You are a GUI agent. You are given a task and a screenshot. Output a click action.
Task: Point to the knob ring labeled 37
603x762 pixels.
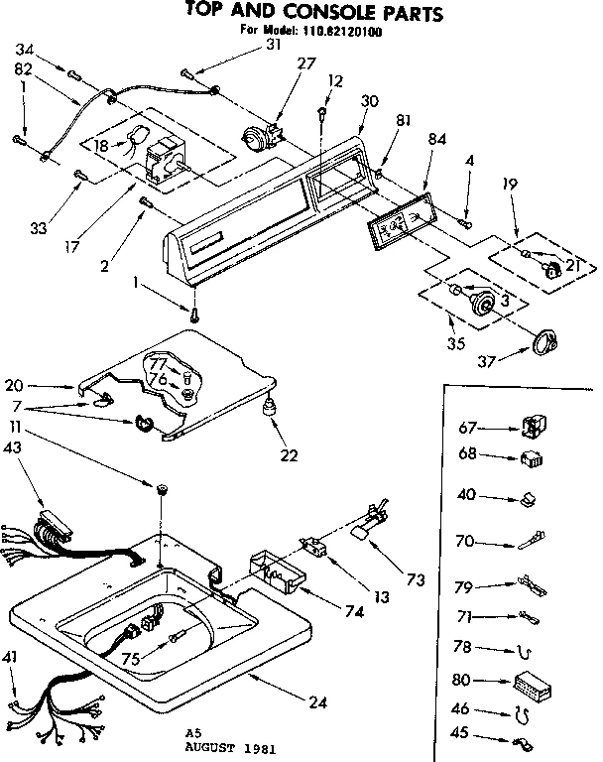click(544, 342)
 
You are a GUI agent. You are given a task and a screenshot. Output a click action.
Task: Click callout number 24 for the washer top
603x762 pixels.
click(317, 702)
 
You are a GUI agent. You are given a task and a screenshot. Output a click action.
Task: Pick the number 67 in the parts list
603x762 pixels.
click(468, 428)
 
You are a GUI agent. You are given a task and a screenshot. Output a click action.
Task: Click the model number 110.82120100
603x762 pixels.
click(343, 32)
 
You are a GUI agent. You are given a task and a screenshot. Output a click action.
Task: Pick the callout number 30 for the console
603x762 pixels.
click(370, 101)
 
